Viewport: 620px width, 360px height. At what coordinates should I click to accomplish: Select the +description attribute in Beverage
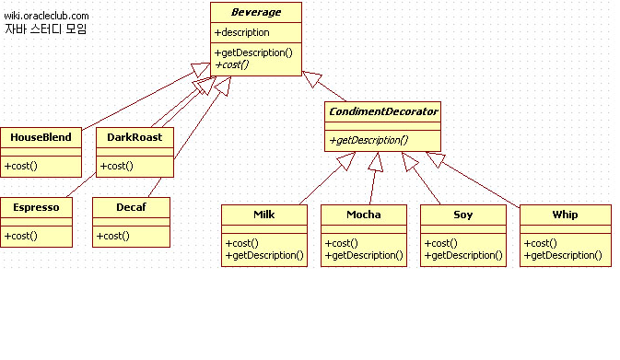[242, 32]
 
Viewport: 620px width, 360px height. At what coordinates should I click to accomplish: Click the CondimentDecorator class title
[382, 111]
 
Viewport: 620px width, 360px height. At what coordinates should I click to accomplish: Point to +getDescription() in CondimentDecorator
[368, 140]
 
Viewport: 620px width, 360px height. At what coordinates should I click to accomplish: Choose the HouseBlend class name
[41, 137]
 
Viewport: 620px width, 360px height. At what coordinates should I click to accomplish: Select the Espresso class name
[36, 207]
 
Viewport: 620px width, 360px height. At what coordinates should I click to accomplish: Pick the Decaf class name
[131, 207]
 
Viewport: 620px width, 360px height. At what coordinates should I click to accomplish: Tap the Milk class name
[264, 215]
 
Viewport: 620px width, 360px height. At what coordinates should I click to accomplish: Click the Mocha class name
[363, 215]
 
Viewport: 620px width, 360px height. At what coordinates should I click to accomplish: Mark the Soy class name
[462, 215]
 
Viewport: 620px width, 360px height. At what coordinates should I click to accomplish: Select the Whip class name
[565, 215]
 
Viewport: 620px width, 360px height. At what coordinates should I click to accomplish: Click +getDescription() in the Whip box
[563, 254]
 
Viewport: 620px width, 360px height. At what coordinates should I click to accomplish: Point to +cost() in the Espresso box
[20, 236]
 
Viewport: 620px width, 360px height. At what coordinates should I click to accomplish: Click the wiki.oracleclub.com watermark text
[47, 16]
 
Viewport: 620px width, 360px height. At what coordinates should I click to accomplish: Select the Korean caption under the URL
[45, 29]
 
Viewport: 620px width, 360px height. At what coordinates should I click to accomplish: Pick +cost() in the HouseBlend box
[20, 166]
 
